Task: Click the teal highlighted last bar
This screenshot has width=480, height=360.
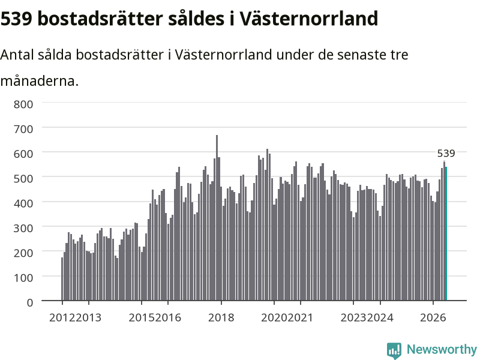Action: (x=446, y=233)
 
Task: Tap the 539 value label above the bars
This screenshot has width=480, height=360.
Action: (x=446, y=153)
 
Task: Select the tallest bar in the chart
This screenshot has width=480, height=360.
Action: (x=217, y=218)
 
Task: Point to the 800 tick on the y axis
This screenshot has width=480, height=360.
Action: (x=23, y=104)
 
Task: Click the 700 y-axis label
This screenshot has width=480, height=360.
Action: (x=23, y=129)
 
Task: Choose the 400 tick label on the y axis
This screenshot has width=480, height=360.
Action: (x=23, y=203)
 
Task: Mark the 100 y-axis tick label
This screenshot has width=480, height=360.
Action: (x=23, y=278)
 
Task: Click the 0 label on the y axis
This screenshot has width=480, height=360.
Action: (x=30, y=303)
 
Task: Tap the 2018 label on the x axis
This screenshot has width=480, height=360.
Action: (x=221, y=317)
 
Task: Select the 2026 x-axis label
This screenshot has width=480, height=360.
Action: (x=433, y=317)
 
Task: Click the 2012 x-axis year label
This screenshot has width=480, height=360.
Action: (x=62, y=317)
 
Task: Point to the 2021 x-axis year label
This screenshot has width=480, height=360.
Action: (x=301, y=317)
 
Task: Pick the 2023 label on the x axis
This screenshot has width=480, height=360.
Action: (x=353, y=317)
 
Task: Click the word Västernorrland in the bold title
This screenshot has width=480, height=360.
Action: (x=308, y=19)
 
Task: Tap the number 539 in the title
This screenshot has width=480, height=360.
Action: (x=17, y=19)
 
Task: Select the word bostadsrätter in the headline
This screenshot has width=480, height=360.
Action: (x=100, y=19)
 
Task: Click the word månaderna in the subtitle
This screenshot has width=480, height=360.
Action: (x=40, y=81)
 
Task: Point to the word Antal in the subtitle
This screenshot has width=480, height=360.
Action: (x=17, y=55)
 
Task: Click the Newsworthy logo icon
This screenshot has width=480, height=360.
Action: (x=394, y=350)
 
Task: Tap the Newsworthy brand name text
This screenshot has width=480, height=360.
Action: (x=442, y=349)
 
